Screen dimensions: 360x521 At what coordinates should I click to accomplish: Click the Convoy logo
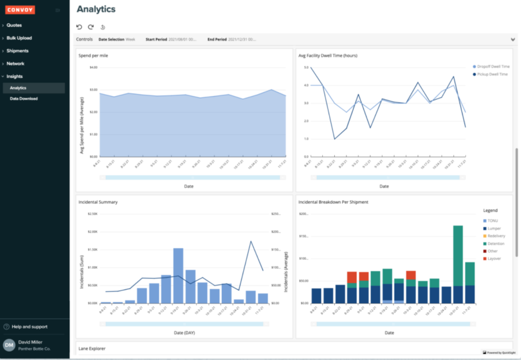[x=20, y=10]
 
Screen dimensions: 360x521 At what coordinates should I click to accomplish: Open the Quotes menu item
[x=14, y=25]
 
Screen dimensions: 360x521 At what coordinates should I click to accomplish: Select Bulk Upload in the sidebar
[x=19, y=38]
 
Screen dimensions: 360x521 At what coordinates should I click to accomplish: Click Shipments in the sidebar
[x=17, y=51]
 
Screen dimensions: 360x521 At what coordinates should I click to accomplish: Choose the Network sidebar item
[x=15, y=63]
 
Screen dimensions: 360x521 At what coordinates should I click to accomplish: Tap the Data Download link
[x=24, y=99]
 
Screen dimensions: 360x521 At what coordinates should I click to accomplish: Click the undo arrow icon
[x=79, y=27]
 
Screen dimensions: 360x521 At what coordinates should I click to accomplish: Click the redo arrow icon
[x=91, y=27]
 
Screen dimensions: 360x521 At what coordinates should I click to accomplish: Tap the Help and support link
[x=29, y=327]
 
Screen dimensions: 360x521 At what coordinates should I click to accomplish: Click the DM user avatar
[x=9, y=345]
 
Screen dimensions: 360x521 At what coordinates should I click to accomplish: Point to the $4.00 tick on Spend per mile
[x=93, y=67]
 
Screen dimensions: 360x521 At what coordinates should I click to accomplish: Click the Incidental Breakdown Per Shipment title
[x=333, y=202]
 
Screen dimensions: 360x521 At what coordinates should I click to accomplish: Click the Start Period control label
[x=156, y=39]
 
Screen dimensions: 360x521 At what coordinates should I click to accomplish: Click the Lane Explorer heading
[x=92, y=348]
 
